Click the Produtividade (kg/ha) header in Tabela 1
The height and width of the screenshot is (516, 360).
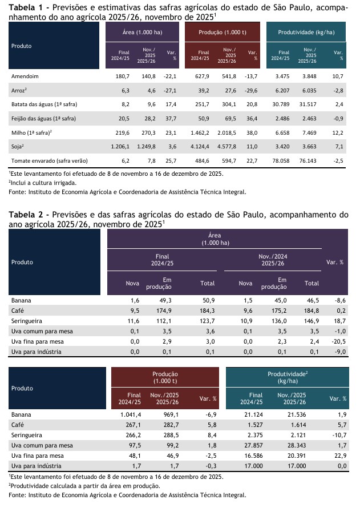(306, 33)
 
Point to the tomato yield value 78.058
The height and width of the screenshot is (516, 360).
(280, 162)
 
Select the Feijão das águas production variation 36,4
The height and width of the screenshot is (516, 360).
(252, 119)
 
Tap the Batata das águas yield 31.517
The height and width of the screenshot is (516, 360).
(310, 105)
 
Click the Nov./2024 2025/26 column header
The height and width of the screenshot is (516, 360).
(272, 260)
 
